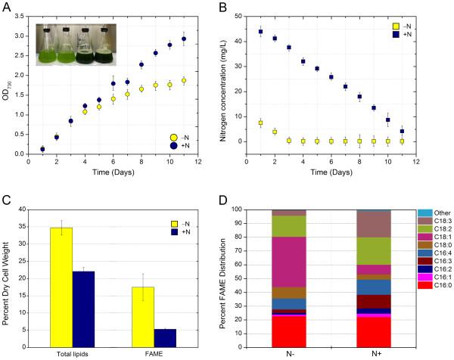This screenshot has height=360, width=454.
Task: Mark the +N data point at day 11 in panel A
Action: point(204,39)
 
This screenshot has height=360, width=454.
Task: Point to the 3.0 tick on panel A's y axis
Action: point(21,12)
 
